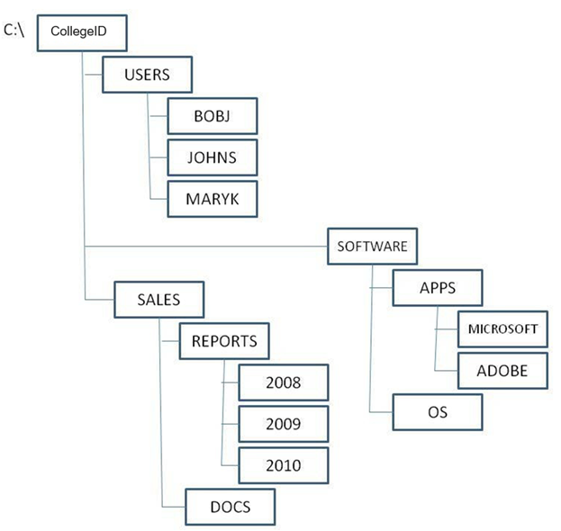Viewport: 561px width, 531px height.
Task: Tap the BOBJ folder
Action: click(213, 116)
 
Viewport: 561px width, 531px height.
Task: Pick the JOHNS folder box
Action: click(213, 157)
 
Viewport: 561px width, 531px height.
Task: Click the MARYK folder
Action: click(213, 198)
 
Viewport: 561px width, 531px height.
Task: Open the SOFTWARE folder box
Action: click(372, 246)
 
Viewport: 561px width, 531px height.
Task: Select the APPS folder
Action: click(439, 288)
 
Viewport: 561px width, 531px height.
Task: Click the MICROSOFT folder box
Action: click(502, 328)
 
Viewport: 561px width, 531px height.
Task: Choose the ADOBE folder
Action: click(502, 369)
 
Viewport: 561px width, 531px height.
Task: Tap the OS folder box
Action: click(439, 412)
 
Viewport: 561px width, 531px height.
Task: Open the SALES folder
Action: click(159, 300)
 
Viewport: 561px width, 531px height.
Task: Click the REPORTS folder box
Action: click(224, 341)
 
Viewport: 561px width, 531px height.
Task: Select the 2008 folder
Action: click(283, 382)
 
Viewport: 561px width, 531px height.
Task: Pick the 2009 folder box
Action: click(283, 424)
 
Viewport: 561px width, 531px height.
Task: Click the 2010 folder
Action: click(283, 465)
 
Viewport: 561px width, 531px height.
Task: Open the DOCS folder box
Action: click(230, 507)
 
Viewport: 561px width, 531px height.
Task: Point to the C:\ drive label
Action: click(15, 30)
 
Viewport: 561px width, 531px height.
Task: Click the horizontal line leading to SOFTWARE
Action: click(207, 246)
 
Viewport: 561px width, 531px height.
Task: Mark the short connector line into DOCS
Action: click(173, 507)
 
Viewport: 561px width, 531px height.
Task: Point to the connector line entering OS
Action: click(382, 412)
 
